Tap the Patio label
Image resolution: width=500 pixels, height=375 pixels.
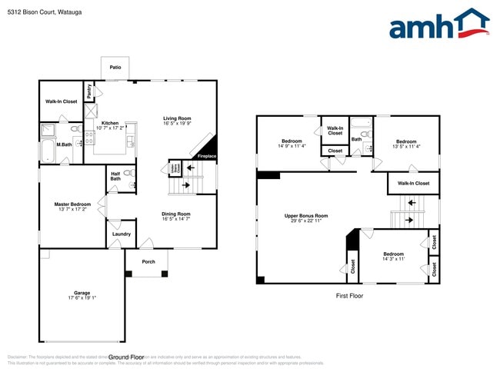115,68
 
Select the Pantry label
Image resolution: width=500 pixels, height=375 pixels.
89,91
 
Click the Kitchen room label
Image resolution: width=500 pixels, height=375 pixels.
110,123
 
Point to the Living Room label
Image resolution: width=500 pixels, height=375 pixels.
176,118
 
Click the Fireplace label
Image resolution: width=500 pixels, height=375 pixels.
207,156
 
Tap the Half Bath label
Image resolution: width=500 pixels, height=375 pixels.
115,176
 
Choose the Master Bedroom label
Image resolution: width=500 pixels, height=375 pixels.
73,204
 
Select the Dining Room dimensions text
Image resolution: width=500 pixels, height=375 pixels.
176,219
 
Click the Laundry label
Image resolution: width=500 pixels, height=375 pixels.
121,234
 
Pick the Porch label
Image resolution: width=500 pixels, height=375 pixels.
148,261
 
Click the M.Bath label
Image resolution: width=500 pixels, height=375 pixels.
65,144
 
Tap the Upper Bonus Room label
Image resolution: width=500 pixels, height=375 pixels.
306,216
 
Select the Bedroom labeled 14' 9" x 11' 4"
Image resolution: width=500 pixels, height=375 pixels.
292,141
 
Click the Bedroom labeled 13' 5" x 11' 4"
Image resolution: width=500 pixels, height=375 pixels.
406,141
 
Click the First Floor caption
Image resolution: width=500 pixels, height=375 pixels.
348,295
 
